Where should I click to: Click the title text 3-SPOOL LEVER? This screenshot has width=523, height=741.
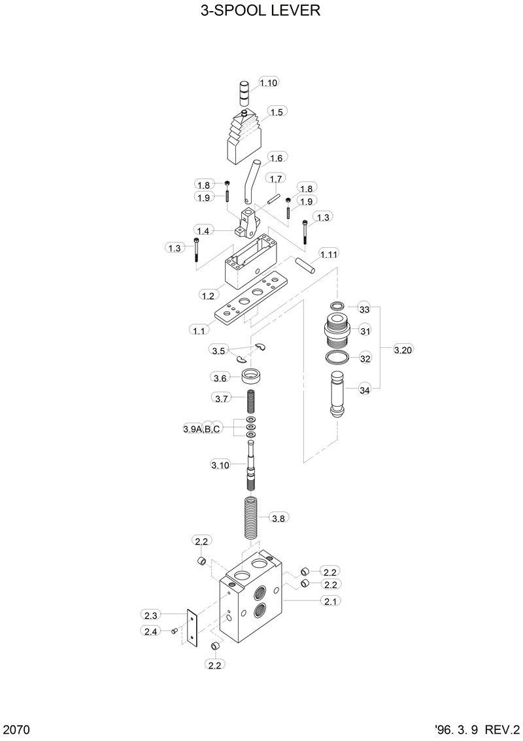[x=261, y=11]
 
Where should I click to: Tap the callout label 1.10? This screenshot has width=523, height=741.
[x=269, y=82]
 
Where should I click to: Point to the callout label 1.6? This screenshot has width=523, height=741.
[x=277, y=158]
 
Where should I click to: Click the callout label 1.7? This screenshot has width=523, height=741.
[x=276, y=179]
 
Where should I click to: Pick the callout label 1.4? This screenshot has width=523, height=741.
[x=203, y=230]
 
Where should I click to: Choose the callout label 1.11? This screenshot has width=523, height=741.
[x=328, y=253]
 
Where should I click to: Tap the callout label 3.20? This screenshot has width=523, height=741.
[x=403, y=350]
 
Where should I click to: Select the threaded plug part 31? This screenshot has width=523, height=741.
[x=336, y=331]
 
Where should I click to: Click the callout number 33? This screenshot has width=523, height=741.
[x=365, y=309]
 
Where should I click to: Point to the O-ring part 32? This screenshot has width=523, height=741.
[x=337, y=358]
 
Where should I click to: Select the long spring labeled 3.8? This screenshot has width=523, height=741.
[x=252, y=518]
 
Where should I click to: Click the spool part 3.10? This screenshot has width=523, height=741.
[x=251, y=468]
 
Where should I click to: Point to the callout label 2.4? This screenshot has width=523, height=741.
[x=150, y=630]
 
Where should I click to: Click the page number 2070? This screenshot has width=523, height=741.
[x=18, y=729]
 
